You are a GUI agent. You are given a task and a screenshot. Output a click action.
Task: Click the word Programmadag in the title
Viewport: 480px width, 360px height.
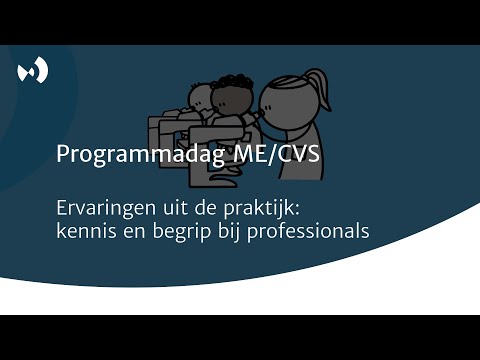coord(123,156)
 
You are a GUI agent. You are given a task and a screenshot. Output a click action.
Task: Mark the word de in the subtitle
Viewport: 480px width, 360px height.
coord(193,210)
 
